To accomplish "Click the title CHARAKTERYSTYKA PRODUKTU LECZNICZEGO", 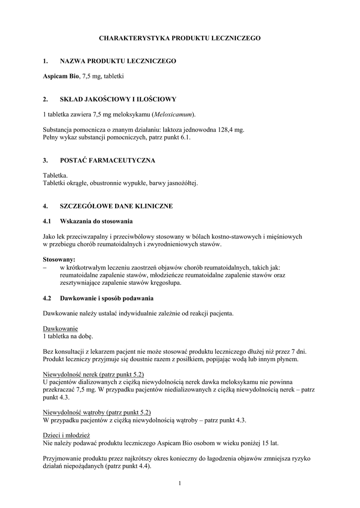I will [180, 38].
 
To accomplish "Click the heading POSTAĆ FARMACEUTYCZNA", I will [107, 161].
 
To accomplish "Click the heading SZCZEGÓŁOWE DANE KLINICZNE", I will [116, 206].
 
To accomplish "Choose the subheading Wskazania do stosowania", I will [96, 221].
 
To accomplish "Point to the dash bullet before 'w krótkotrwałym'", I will [45, 267].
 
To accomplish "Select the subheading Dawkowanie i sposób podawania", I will [107, 298].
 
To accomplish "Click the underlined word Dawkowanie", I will [61, 328].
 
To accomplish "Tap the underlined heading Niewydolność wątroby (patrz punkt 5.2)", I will [97, 412].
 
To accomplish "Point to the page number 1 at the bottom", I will [180, 483].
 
